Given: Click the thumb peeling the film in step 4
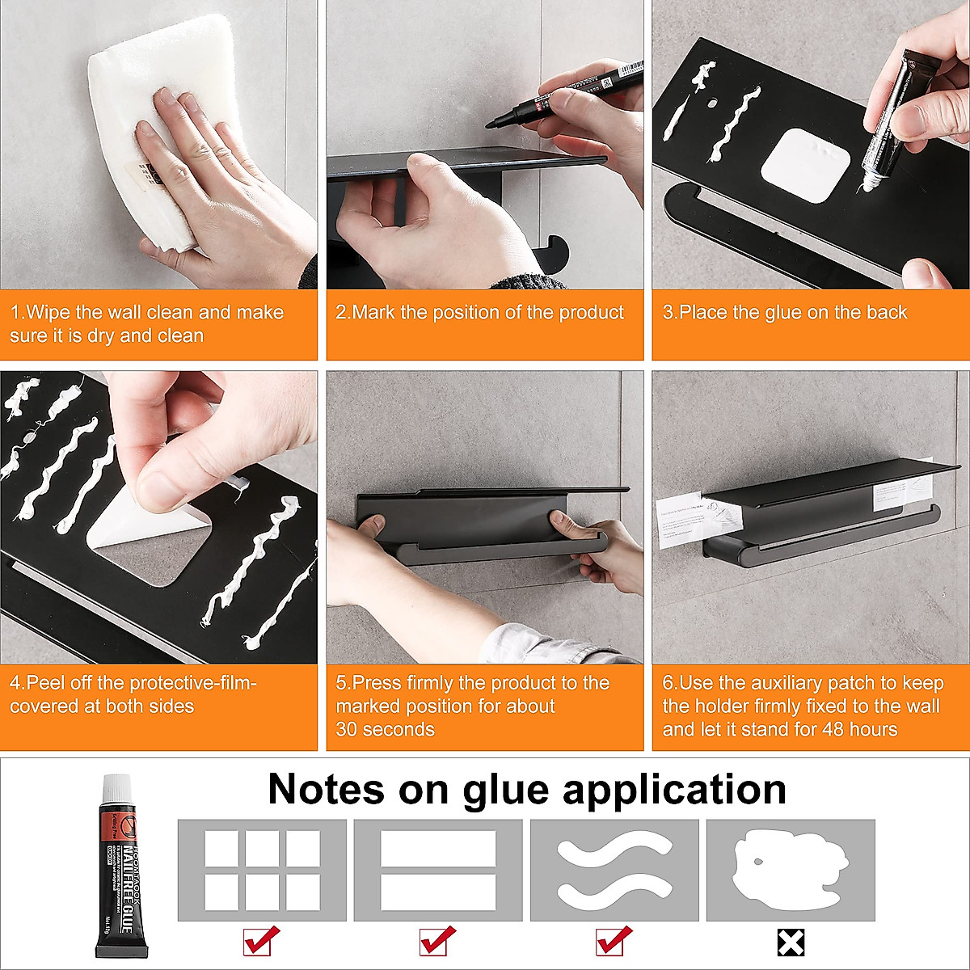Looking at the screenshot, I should (170, 477).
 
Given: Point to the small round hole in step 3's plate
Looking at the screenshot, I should (713, 103).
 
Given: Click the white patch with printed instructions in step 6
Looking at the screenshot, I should (695, 517).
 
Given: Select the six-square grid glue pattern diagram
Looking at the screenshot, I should (262, 870).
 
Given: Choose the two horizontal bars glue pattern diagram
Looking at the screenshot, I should (438, 870).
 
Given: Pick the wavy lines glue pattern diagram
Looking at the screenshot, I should (614, 870).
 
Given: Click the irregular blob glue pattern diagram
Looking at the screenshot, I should (790, 870).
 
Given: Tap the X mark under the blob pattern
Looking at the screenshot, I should (791, 943).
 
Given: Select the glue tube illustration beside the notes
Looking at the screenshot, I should (121, 865).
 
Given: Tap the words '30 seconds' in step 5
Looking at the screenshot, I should (386, 729).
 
